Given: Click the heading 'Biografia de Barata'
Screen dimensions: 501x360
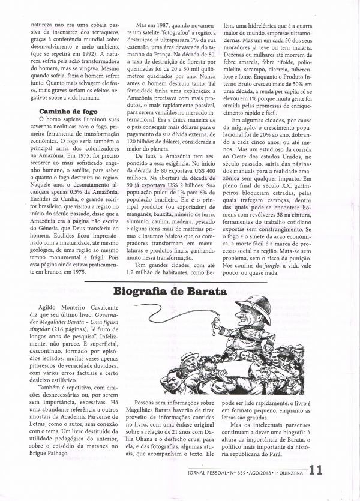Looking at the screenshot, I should point(170,293).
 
